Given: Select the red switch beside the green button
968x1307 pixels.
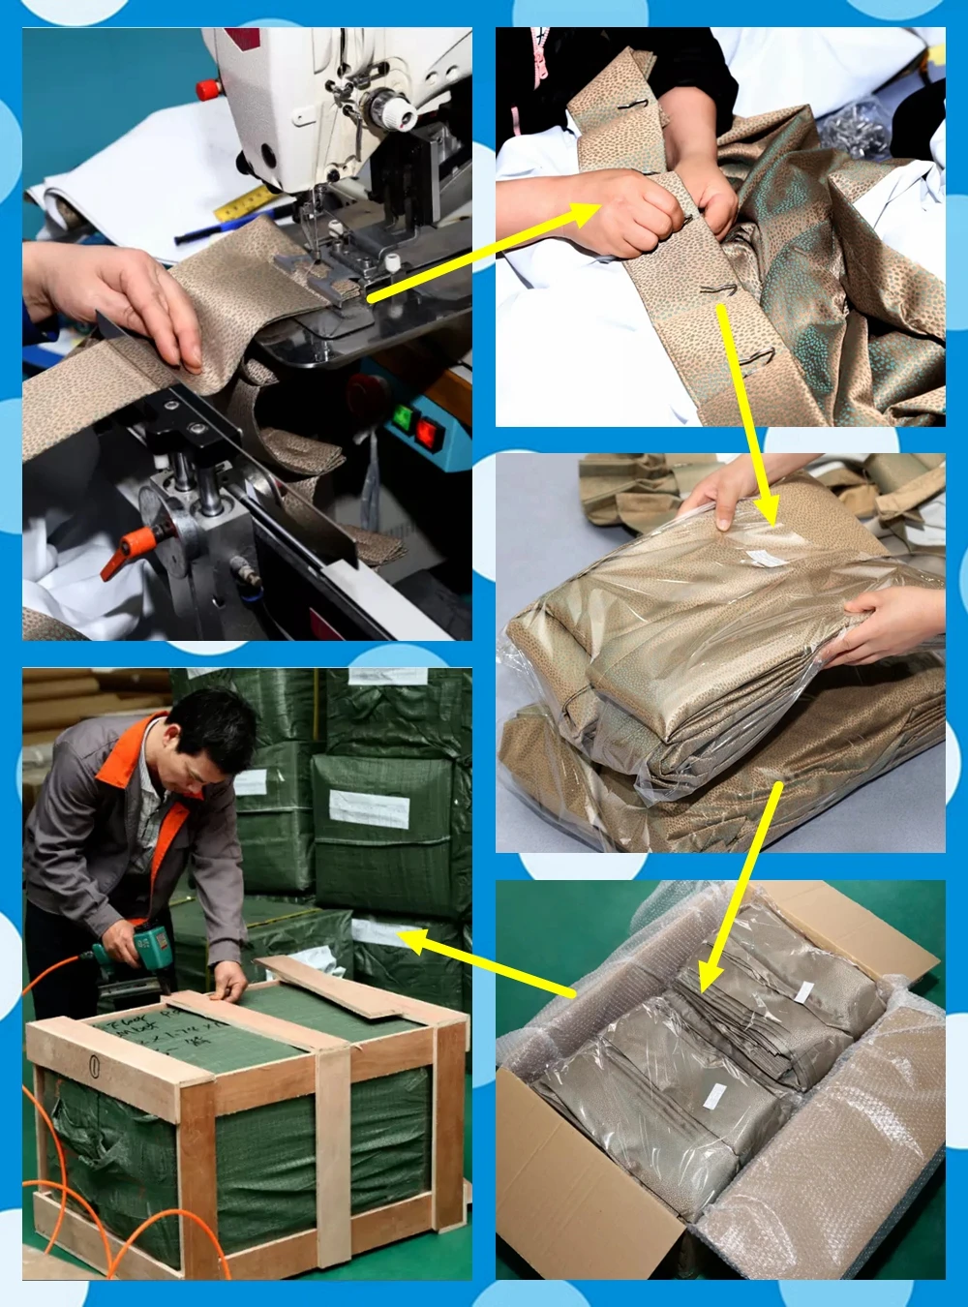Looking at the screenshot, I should (x=427, y=430).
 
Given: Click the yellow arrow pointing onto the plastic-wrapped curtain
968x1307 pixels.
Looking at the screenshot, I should (x=747, y=416).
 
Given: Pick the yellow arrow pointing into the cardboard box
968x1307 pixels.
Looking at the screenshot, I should (x=741, y=891).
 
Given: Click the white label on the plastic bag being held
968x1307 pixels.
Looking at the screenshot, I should (x=767, y=558).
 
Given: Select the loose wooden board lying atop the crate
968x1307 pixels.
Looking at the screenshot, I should (x=339, y=988).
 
